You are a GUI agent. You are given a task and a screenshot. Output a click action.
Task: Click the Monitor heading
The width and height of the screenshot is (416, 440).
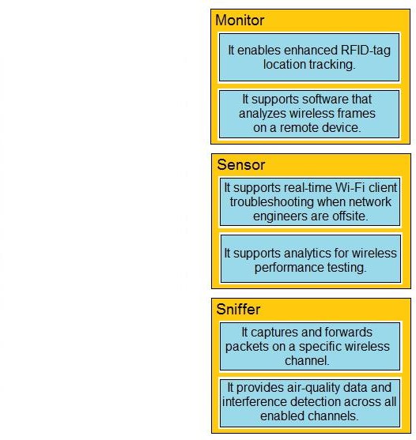coord(240,21)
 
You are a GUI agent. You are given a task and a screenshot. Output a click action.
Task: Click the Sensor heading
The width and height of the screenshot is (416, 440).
coord(240,165)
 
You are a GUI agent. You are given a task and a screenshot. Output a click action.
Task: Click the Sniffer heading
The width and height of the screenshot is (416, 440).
coord(238,309)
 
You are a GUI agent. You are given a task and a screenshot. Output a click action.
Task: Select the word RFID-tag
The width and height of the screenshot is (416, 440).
coord(365,51)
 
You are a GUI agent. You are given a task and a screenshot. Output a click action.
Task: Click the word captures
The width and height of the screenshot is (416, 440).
coord(274,333)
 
